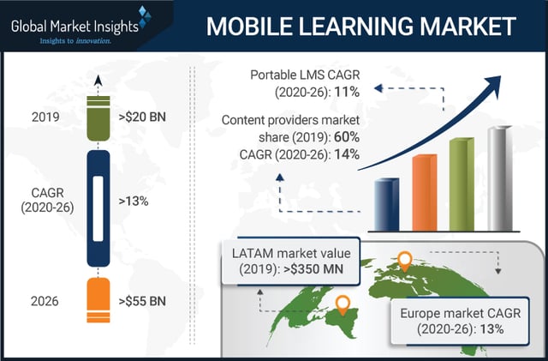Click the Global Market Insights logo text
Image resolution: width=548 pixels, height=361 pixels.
[75, 25]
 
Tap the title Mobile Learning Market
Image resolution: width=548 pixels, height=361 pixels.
[360, 26]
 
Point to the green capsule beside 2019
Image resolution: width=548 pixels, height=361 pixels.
[98, 115]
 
